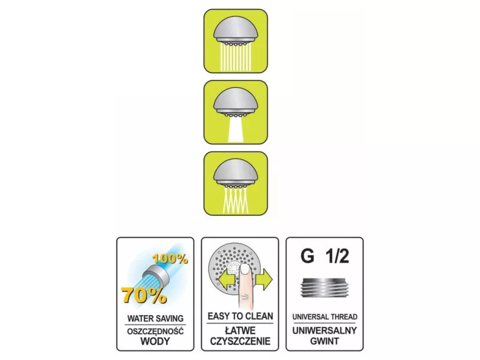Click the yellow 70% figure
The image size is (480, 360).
[144, 295]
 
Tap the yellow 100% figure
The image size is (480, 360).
[170, 259]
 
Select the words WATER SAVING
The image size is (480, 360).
[155, 319]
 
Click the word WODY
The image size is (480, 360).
[155, 341]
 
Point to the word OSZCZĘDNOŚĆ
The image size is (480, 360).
[155, 331]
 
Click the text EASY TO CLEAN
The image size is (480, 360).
[241, 316]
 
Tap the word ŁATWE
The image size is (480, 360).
[241, 331]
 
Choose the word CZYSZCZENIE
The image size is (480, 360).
[241, 341]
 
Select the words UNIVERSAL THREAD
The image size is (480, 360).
[325, 317]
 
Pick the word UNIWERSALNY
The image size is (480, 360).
[325, 331]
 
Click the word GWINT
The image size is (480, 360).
[325, 341]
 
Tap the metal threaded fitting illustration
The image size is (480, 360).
[325, 288]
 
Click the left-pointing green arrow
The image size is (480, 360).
[227, 279]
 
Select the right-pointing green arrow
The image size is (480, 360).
[264, 279]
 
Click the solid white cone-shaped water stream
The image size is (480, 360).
[235, 130]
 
